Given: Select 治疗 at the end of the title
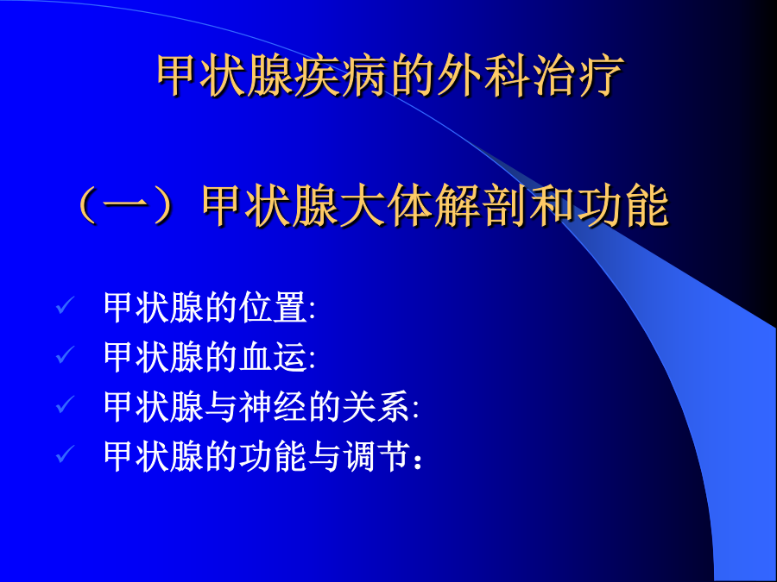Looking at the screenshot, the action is pos(578,76).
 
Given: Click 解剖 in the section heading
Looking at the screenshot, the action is pos(480,206).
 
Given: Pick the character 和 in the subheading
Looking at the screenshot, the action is pos(552,206).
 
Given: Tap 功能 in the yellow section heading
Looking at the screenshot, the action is pos(622,206).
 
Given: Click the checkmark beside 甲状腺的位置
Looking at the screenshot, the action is pos(65,305).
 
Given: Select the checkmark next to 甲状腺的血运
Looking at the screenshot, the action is pos(65,354).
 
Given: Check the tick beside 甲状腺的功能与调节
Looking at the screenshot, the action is pos(65,454).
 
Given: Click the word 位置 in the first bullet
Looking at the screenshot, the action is pos(273,308).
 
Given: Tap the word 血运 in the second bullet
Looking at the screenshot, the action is pos(273,357).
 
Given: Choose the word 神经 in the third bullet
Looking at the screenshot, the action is pos(273,407).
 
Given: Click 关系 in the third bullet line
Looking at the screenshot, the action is pos(376,407).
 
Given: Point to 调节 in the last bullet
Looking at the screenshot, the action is pos(376,456).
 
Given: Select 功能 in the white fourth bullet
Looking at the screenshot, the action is pos(273,456).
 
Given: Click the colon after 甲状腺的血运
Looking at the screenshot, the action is pos(312,360).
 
